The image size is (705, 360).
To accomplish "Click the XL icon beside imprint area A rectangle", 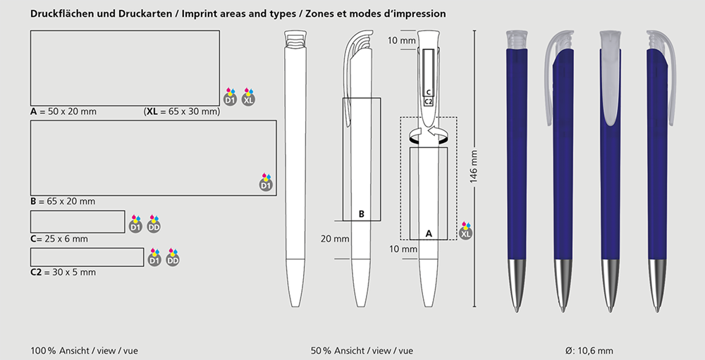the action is tap(248, 97).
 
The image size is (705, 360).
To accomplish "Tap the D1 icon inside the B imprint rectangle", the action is tap(266, 182).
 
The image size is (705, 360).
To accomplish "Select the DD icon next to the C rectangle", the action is tap(154, 224).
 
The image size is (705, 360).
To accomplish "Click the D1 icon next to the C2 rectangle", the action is tap(154, 258).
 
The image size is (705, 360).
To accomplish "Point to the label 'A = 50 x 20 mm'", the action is tap(63, 111).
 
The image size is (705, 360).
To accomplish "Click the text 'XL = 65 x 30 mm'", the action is tap(182, 111).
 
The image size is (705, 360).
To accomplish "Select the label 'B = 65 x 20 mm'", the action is tap(63, 201).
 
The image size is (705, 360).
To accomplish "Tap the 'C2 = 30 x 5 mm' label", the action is tap(63, 272).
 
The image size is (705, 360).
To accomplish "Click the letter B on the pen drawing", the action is tap(362, 214).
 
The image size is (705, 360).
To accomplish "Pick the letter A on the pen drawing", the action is tap(429, 234).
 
